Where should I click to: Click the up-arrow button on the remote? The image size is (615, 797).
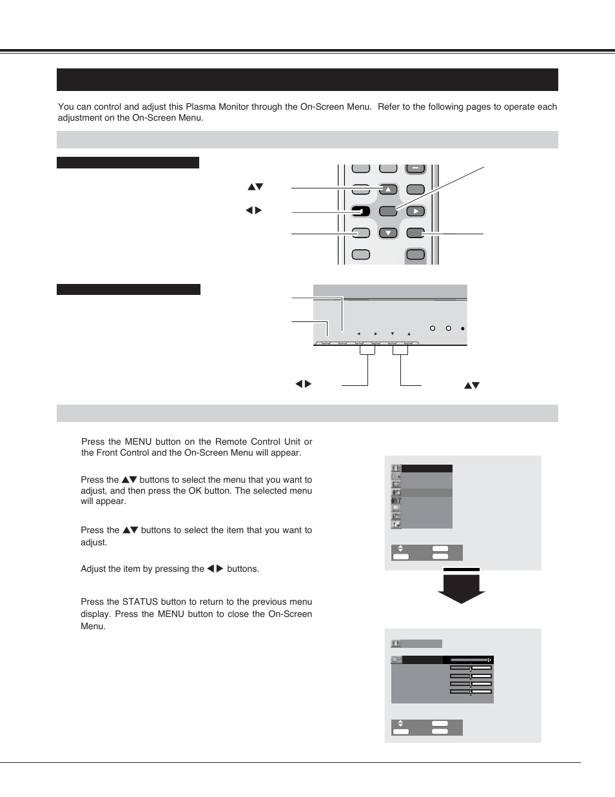[x=388, y=190]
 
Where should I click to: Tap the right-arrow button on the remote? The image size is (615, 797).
[x=416, y=211]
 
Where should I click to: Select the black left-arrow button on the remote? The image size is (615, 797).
[x=361, y=211]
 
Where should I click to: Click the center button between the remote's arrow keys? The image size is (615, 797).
[x=388, y=211]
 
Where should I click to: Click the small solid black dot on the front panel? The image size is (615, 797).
[x=463, y=328]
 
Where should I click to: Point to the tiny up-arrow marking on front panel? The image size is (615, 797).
[x=409, y=334]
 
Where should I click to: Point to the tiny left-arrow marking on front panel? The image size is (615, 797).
[x=359, y=334]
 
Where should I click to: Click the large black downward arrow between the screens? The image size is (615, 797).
[x=462, y=587]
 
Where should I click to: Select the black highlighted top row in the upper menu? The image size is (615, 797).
[x=426, y=469]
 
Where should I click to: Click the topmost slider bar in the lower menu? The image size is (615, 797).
[x=471, y=660]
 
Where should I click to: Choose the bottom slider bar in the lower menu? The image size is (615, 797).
[x=471, y=691]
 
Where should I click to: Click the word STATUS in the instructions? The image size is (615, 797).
[x=140, y=601]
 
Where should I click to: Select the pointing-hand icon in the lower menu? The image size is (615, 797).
[x=396, y=660]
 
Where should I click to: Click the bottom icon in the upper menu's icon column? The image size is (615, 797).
[x=396, y=525]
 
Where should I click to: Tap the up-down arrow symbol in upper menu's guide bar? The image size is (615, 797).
[x=400, y=549]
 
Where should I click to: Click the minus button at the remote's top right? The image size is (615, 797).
[x=416, y=168]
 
